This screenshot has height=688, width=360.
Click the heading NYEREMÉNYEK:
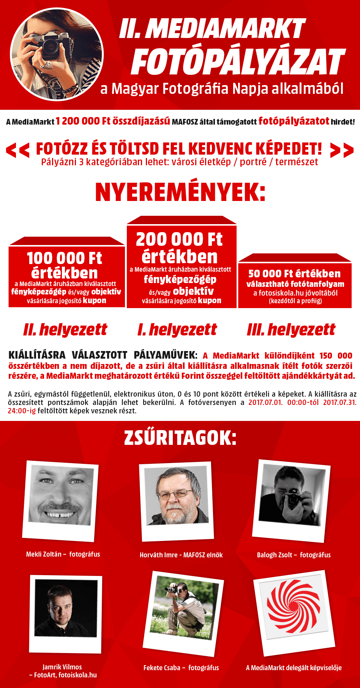click(180, 192)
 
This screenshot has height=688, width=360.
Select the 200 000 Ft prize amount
click(179, 240)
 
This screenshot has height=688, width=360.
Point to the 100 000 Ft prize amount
click(65, 259)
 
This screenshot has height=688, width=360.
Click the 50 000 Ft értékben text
click(294, 274)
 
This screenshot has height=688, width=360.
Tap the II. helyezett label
click(65, 330)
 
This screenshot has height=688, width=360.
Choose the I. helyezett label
click(177, 330)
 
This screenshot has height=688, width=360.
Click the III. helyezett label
click(291, 330)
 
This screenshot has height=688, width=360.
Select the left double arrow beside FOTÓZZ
click(18, 150)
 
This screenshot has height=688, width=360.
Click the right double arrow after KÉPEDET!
click(342, 150)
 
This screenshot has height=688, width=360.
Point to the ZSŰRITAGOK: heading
click(180, 438)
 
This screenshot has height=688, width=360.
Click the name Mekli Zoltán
click(44, 554)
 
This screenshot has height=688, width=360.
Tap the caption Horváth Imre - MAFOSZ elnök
click(181, 555)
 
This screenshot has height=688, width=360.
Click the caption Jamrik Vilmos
click(62, 667)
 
